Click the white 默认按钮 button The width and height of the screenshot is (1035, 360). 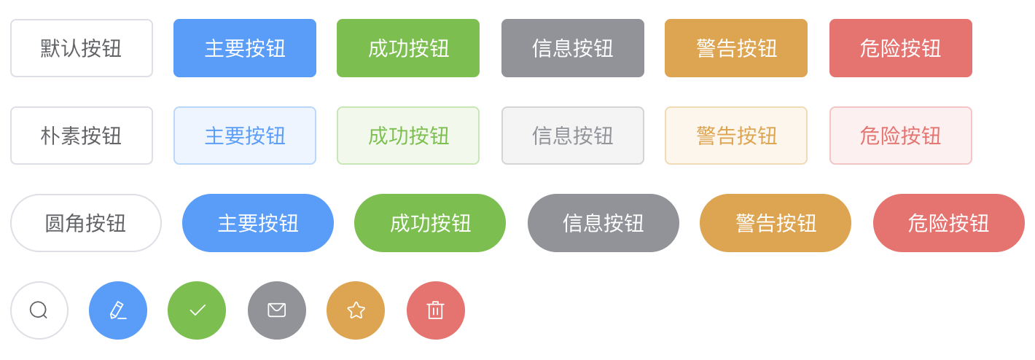(82, 48)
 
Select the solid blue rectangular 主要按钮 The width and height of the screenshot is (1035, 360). (245, 48)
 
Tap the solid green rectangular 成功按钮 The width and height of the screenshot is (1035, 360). (408, 48)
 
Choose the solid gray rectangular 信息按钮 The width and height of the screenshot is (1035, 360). (573, 48)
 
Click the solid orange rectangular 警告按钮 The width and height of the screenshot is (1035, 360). (736, 48)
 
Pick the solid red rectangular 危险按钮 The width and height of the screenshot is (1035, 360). (901, 48)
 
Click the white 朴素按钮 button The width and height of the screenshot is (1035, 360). (82, 136)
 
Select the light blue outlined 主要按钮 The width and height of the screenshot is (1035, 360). (245, 136)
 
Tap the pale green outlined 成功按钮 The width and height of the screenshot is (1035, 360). (408, 136)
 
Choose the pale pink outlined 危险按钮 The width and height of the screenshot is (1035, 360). (901, 136)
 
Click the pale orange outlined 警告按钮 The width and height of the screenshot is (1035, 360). (736, 136)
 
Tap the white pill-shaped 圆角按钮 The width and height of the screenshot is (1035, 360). (86, 223)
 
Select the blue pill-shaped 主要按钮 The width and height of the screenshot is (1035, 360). (258, 223)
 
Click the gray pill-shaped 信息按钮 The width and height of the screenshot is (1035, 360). (604, 223)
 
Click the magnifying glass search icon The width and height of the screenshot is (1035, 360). (39, 310)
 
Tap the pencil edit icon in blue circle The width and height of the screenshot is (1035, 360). (118, 310)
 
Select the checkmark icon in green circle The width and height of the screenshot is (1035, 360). (197, 310)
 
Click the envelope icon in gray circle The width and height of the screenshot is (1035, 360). (277, 310)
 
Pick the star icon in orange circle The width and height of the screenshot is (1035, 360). (356, 310)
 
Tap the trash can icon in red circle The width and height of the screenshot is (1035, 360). (436, 310)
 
